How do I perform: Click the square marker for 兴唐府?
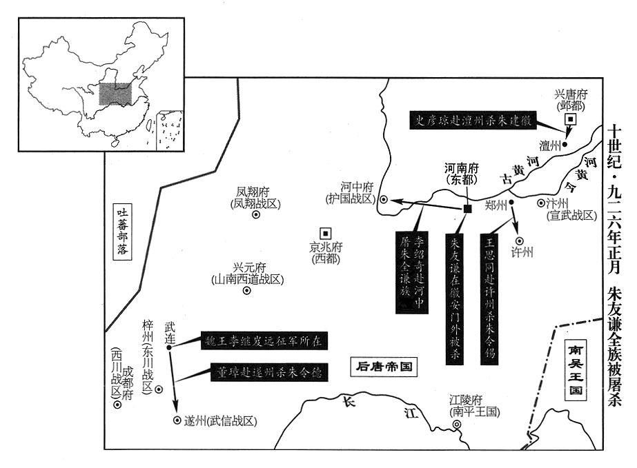[570, 119]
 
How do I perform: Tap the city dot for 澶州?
[565, 145]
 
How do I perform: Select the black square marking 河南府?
[467, 209]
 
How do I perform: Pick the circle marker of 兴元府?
[246, 290]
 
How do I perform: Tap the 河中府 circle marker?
[384, 200]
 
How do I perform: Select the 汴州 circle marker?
[540, 203]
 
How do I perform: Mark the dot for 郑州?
[511, 203]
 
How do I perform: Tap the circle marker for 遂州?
[176, 420]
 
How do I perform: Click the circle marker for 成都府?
[118, 405]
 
